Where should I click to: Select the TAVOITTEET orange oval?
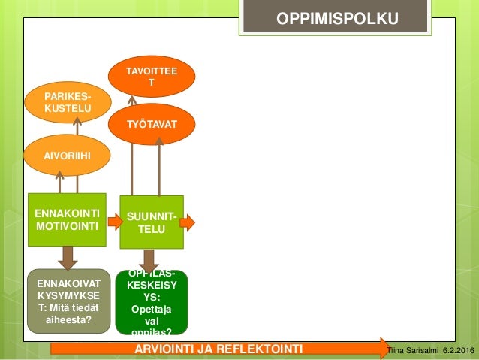(x=152, y=76)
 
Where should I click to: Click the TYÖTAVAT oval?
(x=152, y=124)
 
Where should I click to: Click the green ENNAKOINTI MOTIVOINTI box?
(x=67, y=219)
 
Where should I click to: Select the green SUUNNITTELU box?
(x=152, y=222)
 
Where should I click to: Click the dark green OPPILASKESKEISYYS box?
(x=151, y=303)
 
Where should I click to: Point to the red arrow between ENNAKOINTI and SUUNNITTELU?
(x=114, y=221)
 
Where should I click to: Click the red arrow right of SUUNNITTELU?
(x=189, y=222)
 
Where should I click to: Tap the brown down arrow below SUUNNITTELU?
(x=149, y=260)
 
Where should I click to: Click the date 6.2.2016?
(x=458, y=350)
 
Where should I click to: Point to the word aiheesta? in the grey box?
(x=68, y=319)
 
